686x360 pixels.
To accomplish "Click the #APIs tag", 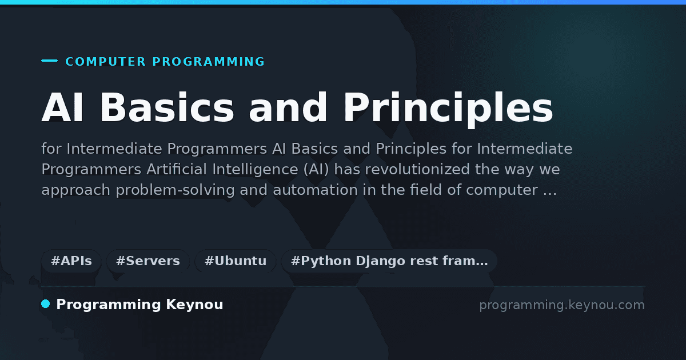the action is pos(71,261).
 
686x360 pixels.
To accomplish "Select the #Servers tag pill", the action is pos(148,261).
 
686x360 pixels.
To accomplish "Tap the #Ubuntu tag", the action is pos(236,261).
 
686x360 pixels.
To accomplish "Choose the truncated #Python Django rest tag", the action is pos(389,261).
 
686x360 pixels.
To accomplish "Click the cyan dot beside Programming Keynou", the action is pos(46,304).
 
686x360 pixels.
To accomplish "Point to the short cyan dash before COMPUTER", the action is pos(50,61).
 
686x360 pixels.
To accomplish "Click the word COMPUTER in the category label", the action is pos(106,62).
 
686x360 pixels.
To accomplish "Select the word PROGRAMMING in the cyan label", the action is pos(209,62).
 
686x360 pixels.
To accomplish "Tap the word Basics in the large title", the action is pos(167,108).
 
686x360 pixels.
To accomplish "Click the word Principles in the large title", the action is pos(448,110).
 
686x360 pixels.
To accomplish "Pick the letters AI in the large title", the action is pos(62,107).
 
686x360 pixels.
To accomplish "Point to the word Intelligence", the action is pos(255,170).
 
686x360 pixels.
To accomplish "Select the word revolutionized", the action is pos(417,169).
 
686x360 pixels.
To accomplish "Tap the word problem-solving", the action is pos(175,190).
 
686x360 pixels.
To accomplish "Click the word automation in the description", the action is pos(315,190).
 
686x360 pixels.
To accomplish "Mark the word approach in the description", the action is pos(75,190).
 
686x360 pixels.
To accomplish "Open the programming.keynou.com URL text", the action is pos(562,305).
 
